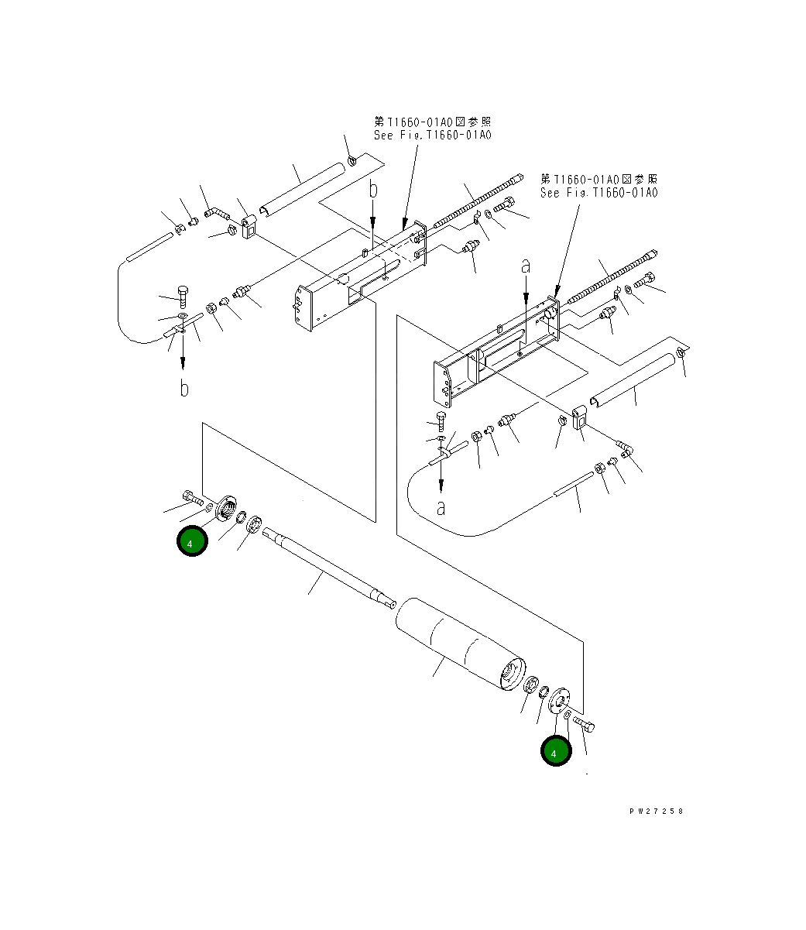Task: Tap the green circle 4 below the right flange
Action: pyautogui.click(x=555, y=750)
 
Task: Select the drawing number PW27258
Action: pyautogui.click(x=656, y=812)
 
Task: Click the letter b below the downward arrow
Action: pyautogui.click(x=183, y=388)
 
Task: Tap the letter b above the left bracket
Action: pyautogui.click(x=372, y=190)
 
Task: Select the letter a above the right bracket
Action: pyautogui.click(x=526, y=266)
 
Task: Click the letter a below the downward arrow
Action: pyautogui.click(x=441, y=508)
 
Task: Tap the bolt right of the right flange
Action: pyautogui.click(x=586, y=726)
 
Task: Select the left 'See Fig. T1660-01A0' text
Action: pyautogui.click(x=432, y=135)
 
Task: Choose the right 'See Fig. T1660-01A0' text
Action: pyautogui.click(x=598, y=192)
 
